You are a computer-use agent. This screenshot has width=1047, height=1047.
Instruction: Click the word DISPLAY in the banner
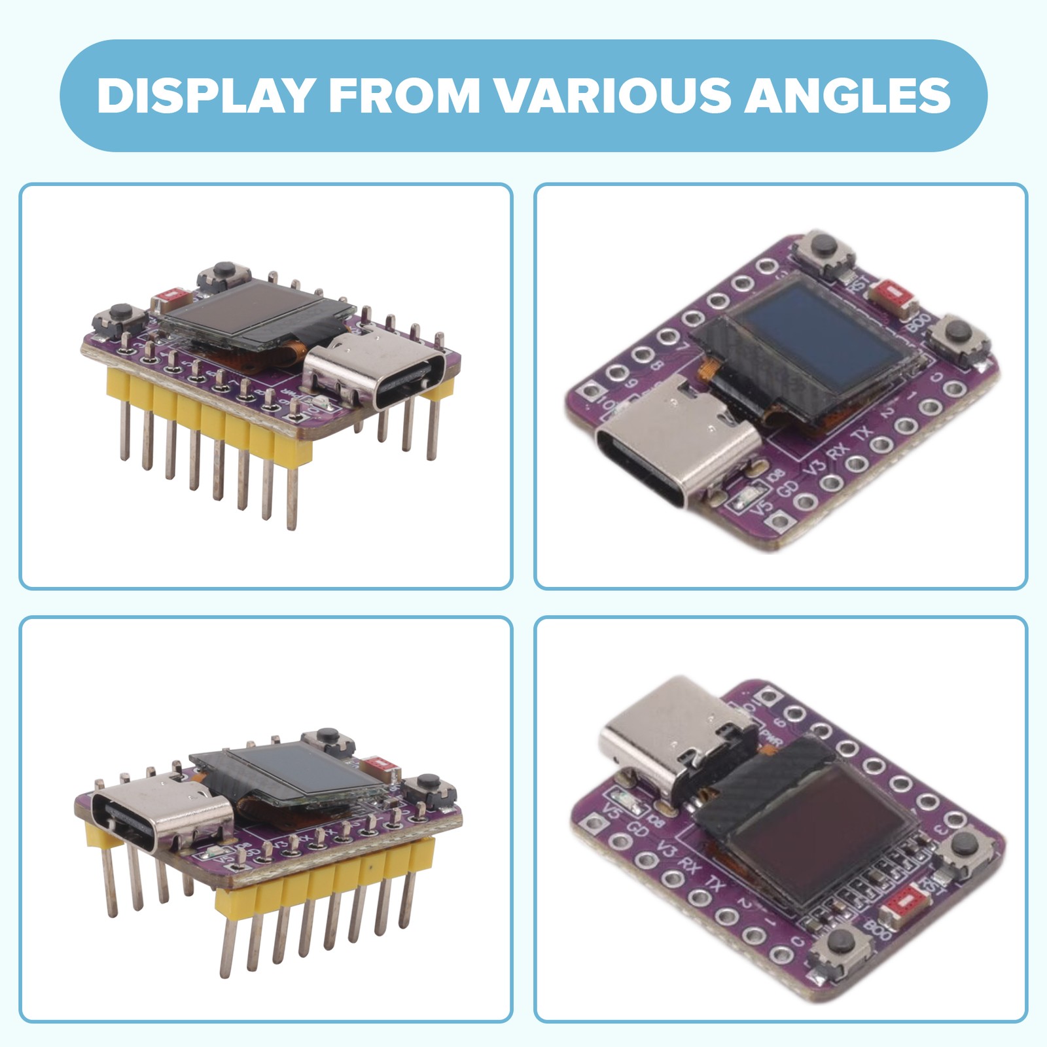pyautogui.click(x=205, y=96)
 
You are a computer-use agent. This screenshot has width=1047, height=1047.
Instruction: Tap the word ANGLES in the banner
pyautogui.click(x=847, y=96)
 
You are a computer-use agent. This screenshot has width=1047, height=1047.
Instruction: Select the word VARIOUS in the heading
pyautogui.click(x=612, y=96)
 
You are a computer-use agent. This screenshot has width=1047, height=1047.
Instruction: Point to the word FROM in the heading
pyautogui.click(x=404, y=96)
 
